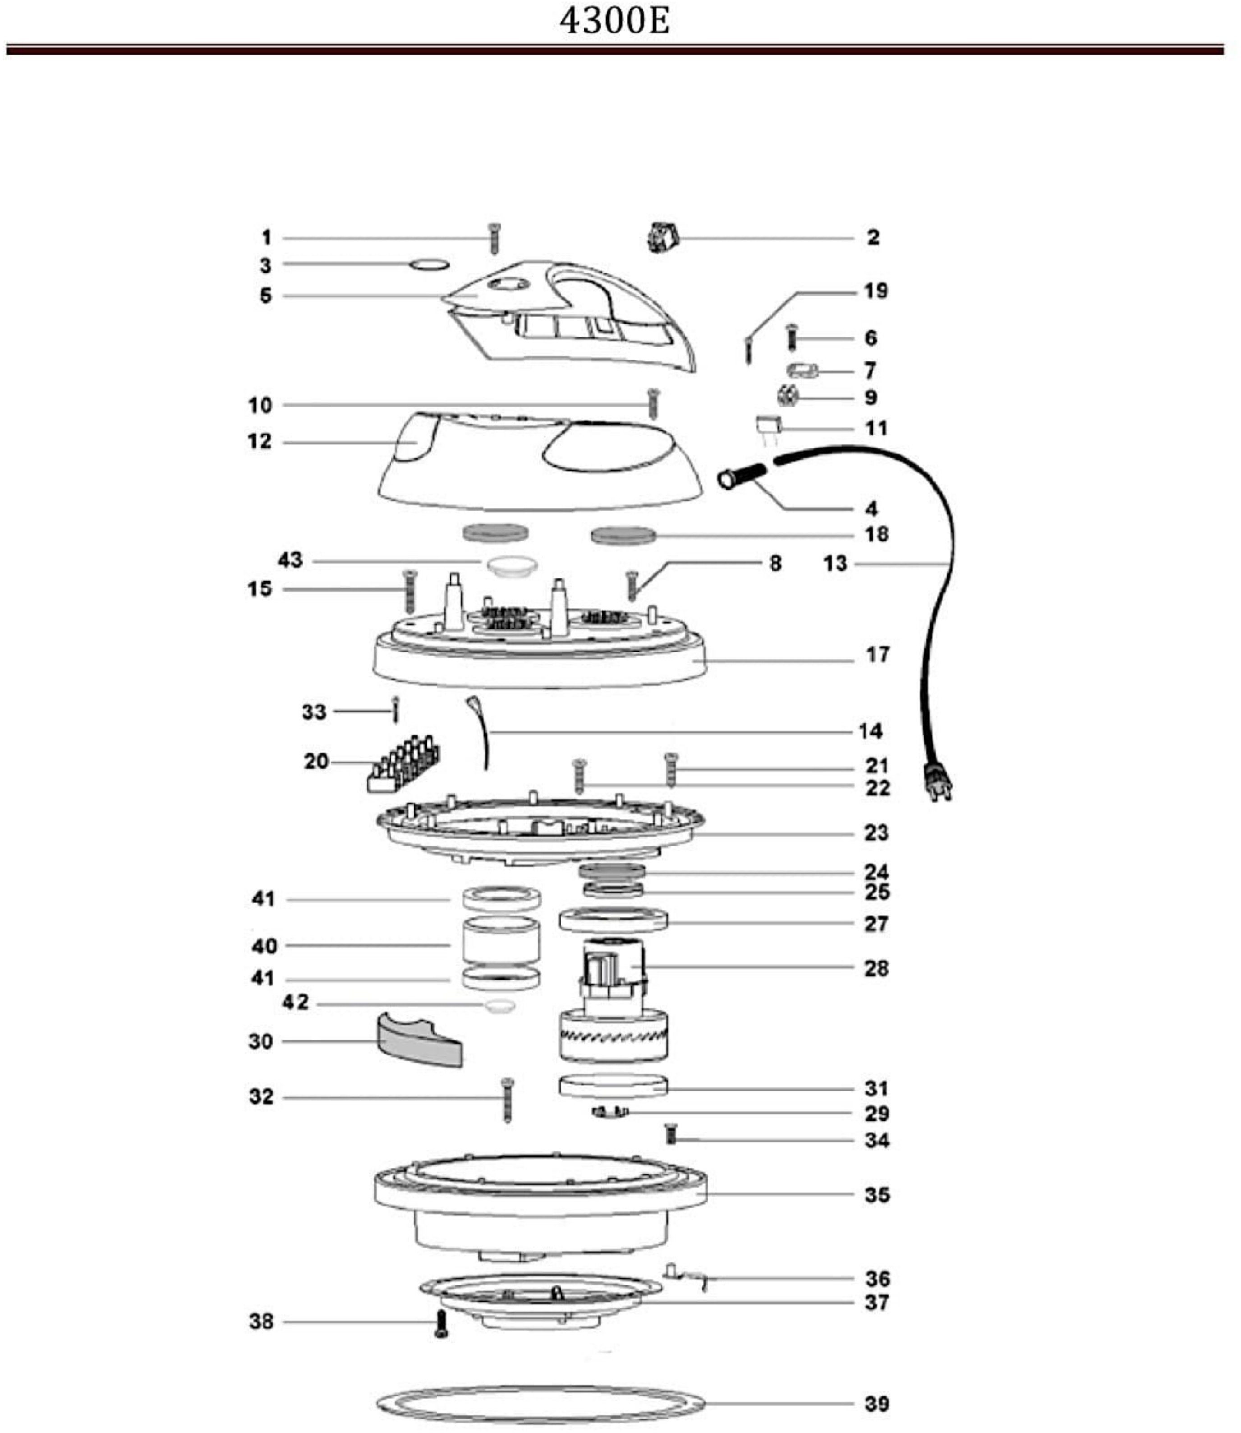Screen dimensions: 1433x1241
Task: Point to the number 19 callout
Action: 875,291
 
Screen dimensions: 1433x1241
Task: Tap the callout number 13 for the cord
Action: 835,564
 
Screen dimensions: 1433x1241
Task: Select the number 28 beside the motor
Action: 876,969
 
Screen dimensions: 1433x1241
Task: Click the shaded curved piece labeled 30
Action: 419,1041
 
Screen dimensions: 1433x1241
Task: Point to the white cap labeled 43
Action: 512,565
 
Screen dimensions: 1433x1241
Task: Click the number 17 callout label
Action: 878,654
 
